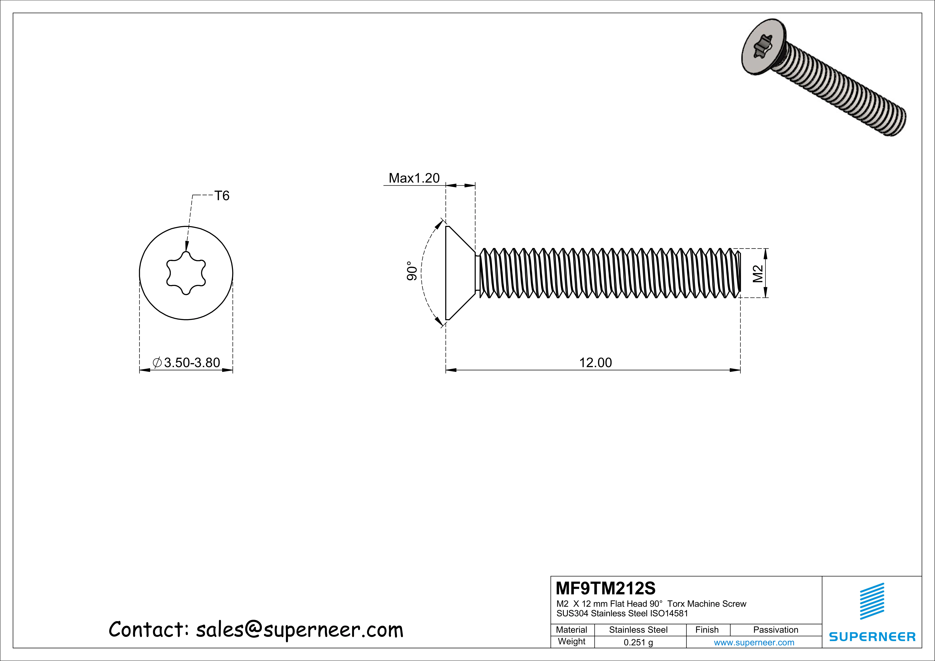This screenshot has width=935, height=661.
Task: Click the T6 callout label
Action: point(222,196)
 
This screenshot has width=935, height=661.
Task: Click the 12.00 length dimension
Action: point(595,362)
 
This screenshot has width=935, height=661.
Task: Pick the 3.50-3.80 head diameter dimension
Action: point(191,362)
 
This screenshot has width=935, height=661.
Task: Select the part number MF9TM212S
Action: point(606,588)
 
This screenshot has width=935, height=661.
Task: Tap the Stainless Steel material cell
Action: point(638,630)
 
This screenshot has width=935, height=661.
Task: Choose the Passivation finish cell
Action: point(775,630)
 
